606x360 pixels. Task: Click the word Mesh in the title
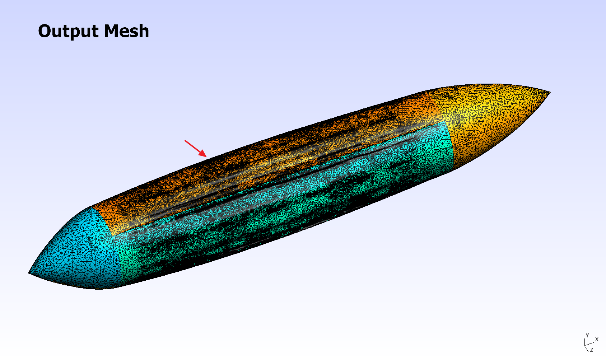click(126, 31)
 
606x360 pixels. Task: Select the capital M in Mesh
click(112, 31)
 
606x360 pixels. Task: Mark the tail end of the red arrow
click(185, 141)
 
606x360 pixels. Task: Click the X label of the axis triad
click(597, 340)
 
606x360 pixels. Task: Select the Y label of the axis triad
click(587, 335)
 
